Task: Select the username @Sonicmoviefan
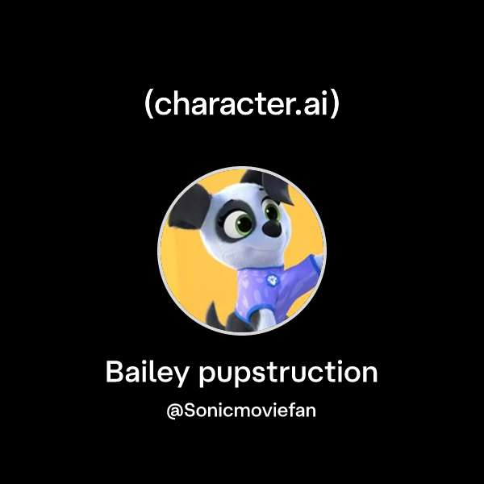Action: tap(241, 411)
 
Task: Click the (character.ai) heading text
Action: tap(241, 105)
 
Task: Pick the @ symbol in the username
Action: tap(173, 411)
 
